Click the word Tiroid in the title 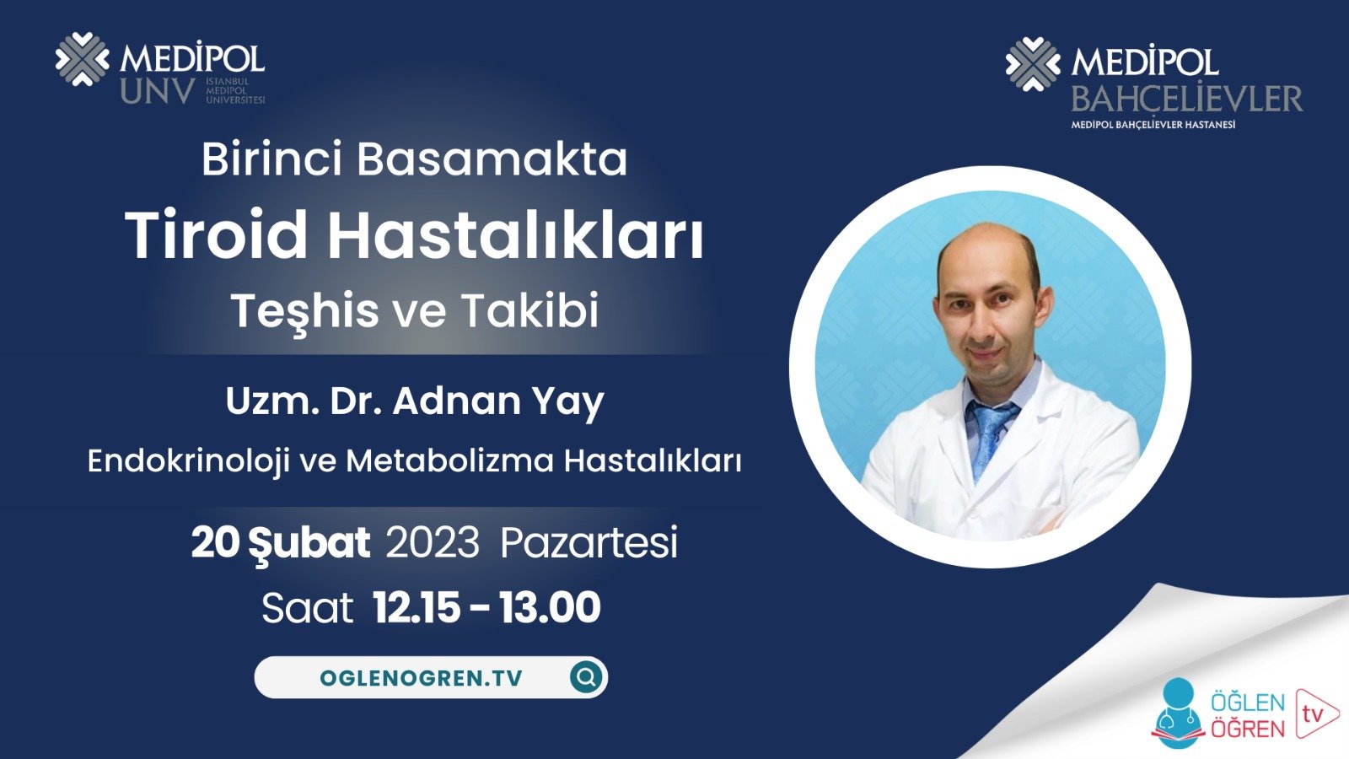pyautogui.click(x=217, y=235)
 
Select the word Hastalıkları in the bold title pyautogui.click(x=515, y=235)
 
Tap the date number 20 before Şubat pyautogui.click(x=214, y=542)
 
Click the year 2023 pyautogui.click(x=433, y=542)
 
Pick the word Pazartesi pyautogui.click(x=589, y=542)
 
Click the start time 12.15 pyautogui.click(x=417, y=607)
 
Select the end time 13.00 pyautogui.click(x=549, y=607)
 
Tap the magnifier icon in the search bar pyautogui.click(x=586, y=676)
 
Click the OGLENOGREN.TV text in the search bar pyautogui.click(x=421, y=678)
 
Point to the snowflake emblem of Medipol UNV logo pyautogui.click(x=82, y=59)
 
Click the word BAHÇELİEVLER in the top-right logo pyautogui.click(x=1186, y=100)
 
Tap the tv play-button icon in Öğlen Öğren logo pyautogui.click(x=1315, y=713)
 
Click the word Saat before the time pyautogui.click(x=307, y=608)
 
